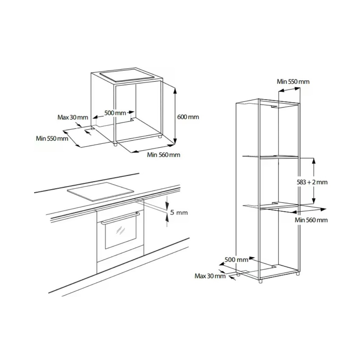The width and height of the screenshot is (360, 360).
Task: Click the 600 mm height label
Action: [x=188, y=117]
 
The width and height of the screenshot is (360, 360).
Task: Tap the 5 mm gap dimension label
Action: [x=179, y=213]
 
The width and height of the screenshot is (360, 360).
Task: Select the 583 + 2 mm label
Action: [x=312, y=182]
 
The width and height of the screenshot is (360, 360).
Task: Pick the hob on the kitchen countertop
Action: [x=101, y=192]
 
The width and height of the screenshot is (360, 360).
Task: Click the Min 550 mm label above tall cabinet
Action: [x=293, y=82]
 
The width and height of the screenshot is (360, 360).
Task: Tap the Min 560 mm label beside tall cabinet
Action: [x=311, y=220]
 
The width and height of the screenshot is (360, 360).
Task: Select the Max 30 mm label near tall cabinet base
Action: [x=210, y=276]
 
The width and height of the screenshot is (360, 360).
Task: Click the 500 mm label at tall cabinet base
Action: [x=236, y=260]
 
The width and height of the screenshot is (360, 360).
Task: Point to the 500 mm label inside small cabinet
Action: [x=115, y=113]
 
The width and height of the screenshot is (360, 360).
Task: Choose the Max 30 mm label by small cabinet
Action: [x=72, y=117]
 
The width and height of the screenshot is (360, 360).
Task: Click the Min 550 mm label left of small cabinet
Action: [x=52, y=139]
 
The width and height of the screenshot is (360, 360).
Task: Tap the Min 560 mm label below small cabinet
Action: [x=163, y=155]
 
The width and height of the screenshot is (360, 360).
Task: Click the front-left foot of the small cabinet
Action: [x=115, y=144]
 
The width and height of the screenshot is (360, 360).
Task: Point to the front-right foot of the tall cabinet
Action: [x=260, y=281]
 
